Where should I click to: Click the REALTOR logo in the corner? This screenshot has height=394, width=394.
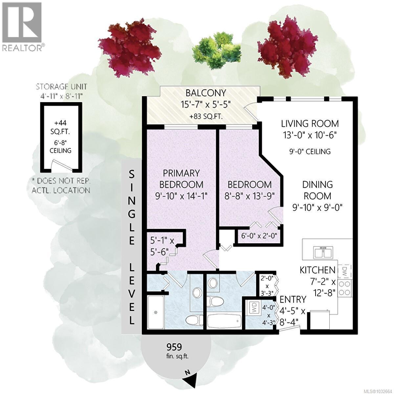(22, 26)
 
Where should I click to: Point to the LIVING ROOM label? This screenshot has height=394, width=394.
(310, 124)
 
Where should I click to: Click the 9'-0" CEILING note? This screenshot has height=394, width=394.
(310, 151)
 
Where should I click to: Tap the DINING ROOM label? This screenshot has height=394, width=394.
(317, 190)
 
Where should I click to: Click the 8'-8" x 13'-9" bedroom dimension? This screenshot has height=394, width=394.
(250, 196)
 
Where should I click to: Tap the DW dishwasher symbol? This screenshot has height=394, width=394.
(345, 272)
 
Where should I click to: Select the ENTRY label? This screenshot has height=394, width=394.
(293, 299)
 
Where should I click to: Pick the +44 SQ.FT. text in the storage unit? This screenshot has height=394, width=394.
(60, 128)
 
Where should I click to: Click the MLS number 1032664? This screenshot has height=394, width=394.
(376, 389)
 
